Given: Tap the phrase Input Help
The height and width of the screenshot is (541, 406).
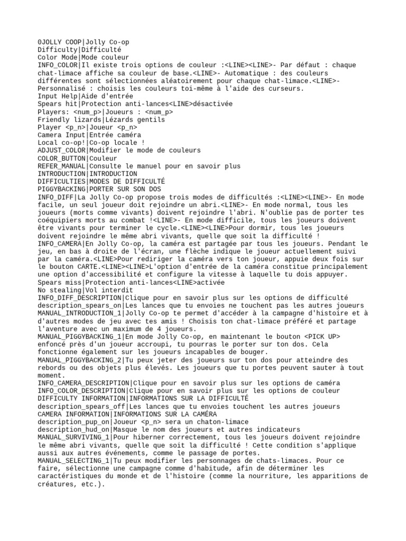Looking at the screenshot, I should coord(58,96).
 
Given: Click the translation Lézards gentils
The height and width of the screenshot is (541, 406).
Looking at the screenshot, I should coord(127,119).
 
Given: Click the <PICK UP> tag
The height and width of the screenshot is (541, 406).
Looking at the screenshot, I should coord(322,337).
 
